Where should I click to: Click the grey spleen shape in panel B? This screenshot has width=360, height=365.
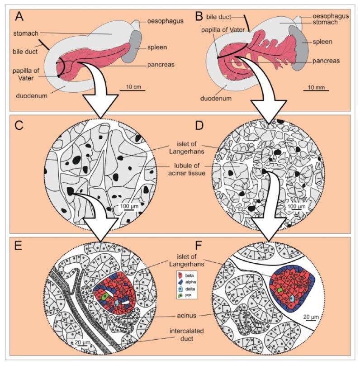pos(297,45)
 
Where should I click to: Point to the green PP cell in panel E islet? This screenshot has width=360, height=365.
pos(105,297)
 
